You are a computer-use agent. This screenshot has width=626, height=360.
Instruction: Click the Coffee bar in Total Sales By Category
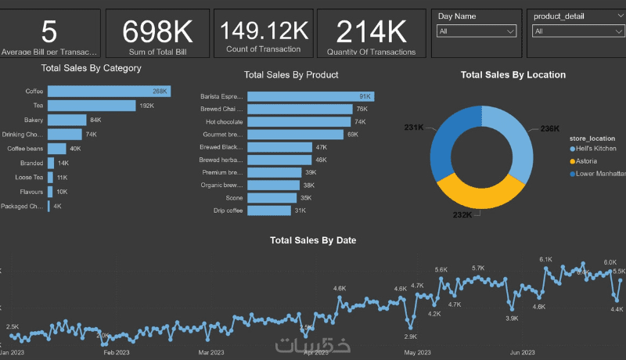tap(109, 92)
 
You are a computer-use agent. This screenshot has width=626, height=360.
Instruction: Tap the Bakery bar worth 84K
tap(67, 120)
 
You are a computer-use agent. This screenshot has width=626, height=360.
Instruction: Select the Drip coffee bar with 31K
tap(269, 211)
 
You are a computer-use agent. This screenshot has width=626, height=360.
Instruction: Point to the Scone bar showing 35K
tap(272, 198)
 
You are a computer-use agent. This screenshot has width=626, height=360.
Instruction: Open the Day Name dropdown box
tap(477, 31)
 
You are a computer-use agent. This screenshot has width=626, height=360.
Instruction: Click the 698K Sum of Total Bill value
tap(157, 32)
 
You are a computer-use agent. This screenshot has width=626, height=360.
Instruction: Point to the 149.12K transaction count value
tap(264, 31)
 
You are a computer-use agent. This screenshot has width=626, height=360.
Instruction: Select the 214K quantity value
tap(372, 32)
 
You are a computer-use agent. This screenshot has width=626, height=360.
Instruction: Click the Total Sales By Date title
tap(313, 240)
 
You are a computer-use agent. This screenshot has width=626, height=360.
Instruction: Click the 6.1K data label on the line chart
tap(545, 259)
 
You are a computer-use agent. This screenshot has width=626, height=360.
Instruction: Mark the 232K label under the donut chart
tap(462, 215)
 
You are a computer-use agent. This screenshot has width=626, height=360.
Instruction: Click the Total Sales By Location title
tap(513, 75)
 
